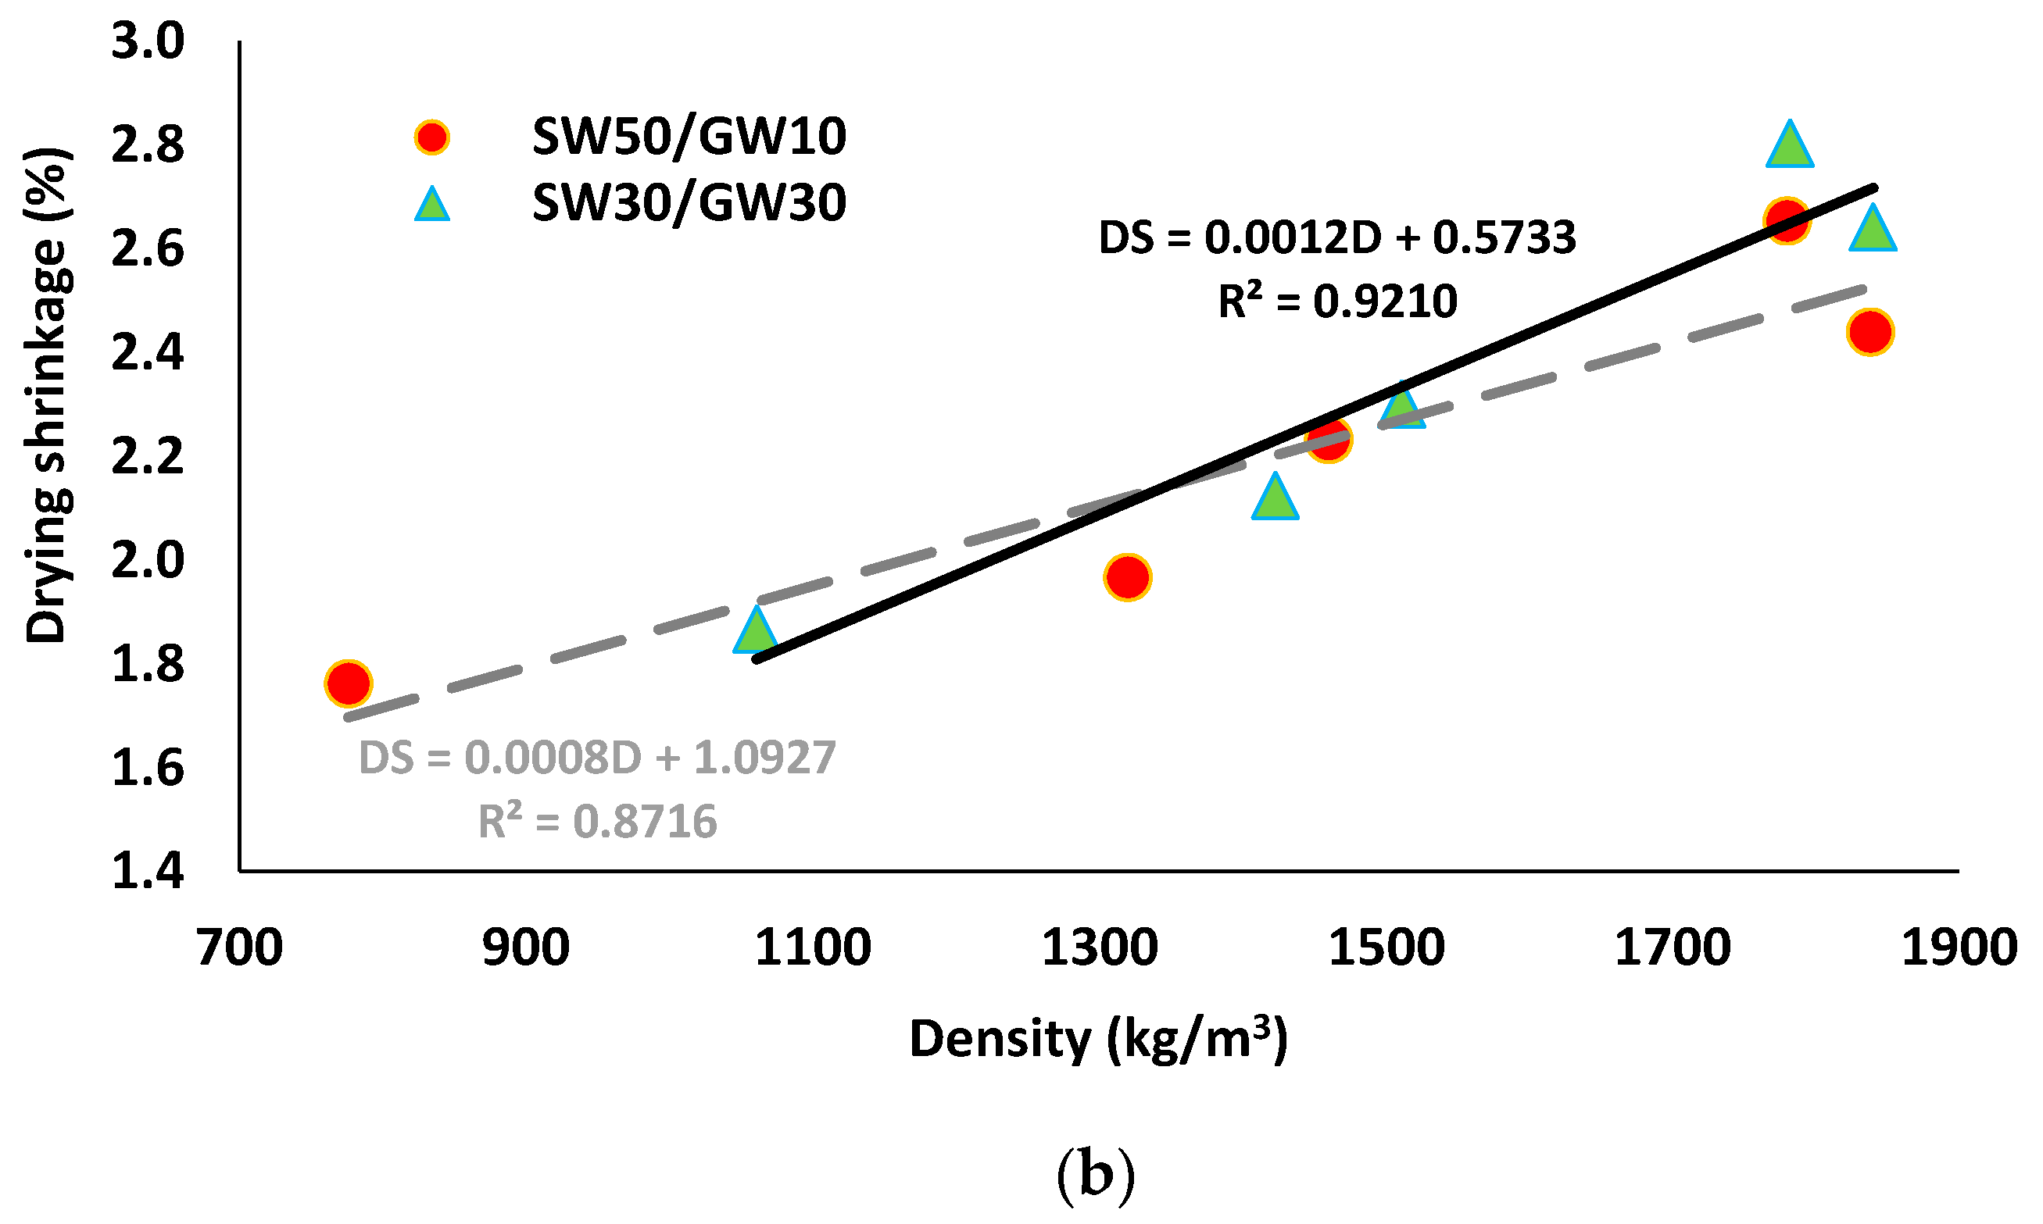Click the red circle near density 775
point(349,683)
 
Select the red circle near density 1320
point(1127,577)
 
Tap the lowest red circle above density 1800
point(1870,333)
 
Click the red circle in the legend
point(431,137)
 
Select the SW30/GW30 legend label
point(689,203)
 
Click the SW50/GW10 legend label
point(689,137)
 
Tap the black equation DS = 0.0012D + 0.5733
point(1336,237)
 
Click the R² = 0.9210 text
point(1336,301)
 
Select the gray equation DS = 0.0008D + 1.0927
point(596,757)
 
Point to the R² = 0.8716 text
point(596,822)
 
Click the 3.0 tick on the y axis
point(148,41)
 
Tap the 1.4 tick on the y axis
point(148,872)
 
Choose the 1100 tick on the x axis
point(813,947)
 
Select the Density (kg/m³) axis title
point(1097,1038)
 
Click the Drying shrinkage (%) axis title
point(47,396)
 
